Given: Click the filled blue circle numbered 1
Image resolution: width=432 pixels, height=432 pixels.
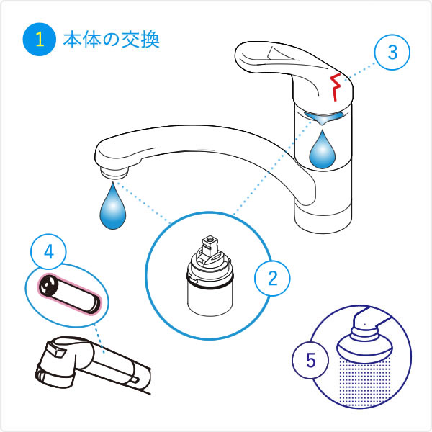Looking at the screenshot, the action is (x=40, y=40).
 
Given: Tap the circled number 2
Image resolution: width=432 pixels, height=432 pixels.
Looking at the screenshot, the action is (x=272, y=278).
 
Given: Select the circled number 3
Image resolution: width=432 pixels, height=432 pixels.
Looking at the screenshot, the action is (x=392, y=52).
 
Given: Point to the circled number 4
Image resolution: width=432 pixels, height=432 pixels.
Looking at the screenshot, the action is (x=48, y=251).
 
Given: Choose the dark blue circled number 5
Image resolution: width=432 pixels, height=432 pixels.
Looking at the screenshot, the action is (x=310, y=360).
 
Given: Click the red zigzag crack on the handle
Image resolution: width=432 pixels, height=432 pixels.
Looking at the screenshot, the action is (x=336, y=87).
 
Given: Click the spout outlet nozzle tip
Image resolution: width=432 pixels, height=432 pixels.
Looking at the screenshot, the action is (x=114, y=173).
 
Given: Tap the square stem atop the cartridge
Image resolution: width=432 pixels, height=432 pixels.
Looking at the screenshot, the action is (x=210, y=246).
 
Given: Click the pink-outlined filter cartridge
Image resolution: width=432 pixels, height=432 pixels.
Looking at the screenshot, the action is (x=69, y=294).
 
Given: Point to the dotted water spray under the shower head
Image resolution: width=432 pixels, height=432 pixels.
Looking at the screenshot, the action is (x=365, y=382).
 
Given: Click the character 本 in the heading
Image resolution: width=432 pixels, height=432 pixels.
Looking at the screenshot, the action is (x=71, y=40).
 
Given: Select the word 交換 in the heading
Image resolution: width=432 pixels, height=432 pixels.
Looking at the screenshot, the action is (x=140, y=40).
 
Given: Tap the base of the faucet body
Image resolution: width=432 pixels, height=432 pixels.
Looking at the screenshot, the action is (x=323, y=217).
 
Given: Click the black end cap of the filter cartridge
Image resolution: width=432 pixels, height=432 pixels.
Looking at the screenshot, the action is (x=46, y=285).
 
